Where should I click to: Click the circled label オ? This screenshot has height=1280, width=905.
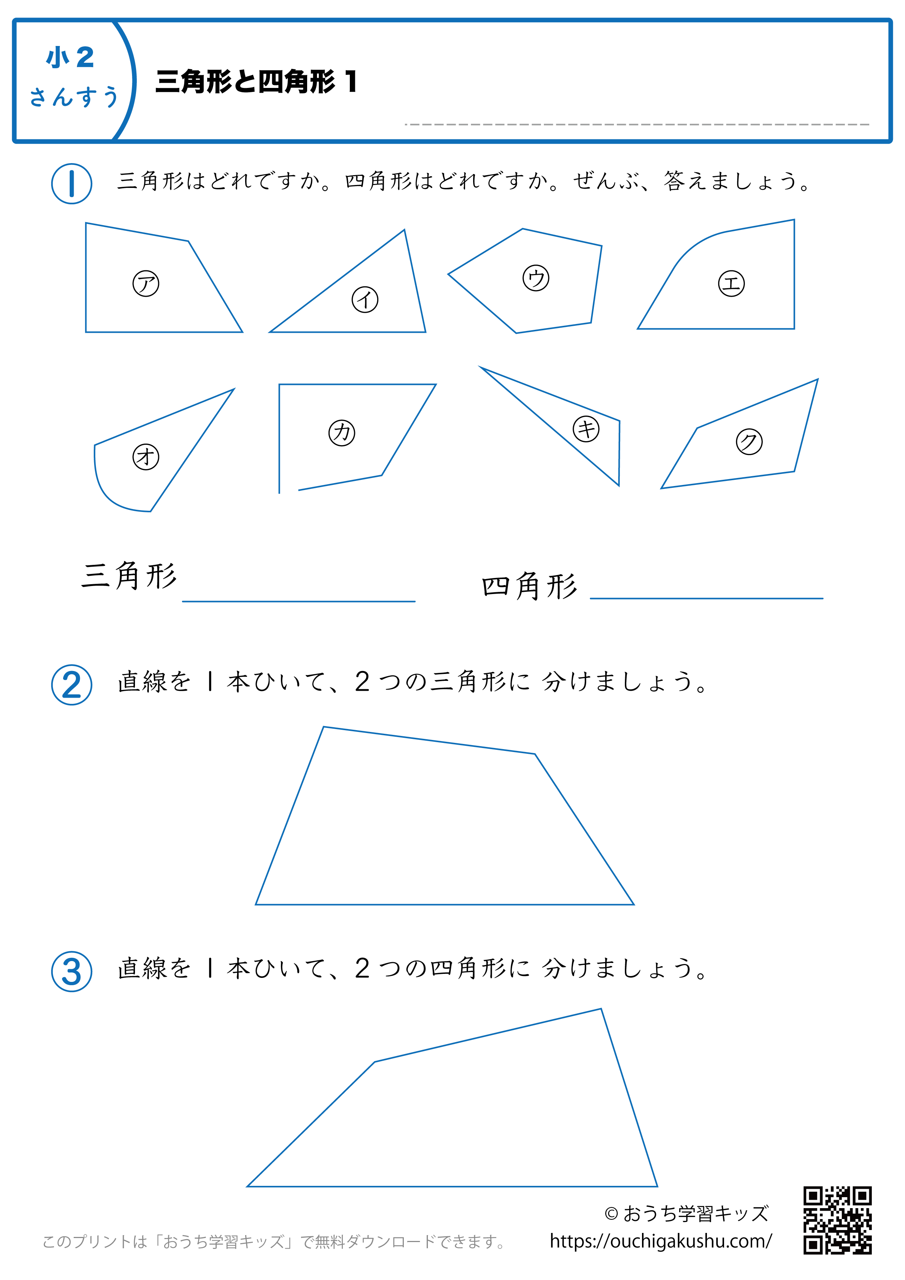point(146,457)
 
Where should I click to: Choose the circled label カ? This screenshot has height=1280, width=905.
point(341,433)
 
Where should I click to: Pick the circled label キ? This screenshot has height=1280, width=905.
point(586,429)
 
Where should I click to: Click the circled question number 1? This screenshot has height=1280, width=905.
point(72,184)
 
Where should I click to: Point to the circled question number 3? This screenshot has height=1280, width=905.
point(72,971)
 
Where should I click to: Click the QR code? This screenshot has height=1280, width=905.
point(838,1221)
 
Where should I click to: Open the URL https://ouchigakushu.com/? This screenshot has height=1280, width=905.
point(661,1241)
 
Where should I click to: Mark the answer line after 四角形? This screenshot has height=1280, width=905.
point(707,598)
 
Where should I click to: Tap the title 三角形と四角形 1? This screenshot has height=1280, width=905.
point(256,81)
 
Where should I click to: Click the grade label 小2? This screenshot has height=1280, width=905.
point(70,57)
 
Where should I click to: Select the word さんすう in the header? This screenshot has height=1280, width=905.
point(74,96)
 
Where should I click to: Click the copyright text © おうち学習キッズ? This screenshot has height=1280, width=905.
point(687,1213)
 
